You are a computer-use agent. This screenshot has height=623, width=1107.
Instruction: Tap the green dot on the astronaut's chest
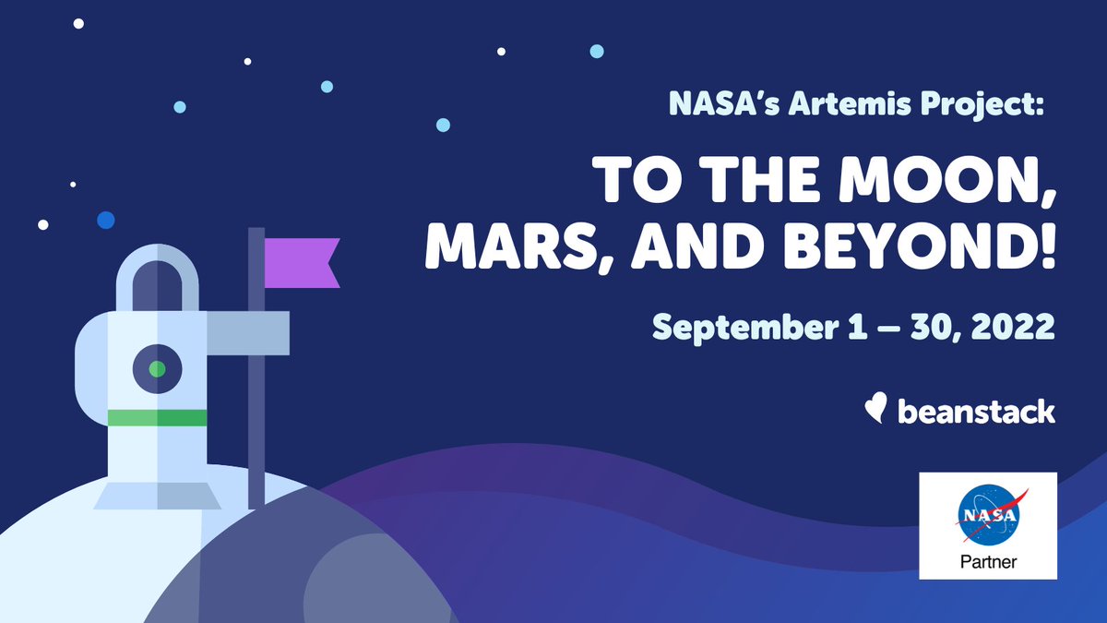(x=157, y=368)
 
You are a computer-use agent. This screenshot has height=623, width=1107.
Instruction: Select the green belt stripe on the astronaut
(x=157, y=418)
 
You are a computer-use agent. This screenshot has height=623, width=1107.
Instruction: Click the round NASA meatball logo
(x=988, y=513)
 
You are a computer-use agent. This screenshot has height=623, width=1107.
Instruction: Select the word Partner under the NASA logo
(x=988, y=561)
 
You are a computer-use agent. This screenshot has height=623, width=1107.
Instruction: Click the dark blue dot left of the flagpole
(x=106, y=220)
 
